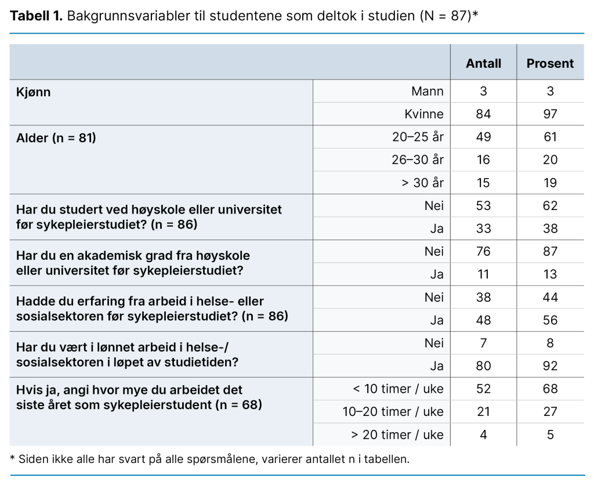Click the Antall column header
tap(483, 64)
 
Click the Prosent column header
tap(550, 64)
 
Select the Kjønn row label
tap(33, 92)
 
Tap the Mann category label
tap(427, 91)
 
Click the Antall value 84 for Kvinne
tap(483, 114)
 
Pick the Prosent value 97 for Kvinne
tap(550, 114)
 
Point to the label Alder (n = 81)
tap(56, 138)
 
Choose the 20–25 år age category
tap(418, 137)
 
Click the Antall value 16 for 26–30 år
tap(483, 160)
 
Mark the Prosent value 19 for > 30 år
tap(550, 183)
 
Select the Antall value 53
tap(483, 205)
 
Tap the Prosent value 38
tap(550, 229)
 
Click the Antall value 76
tap(483, 251)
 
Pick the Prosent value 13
tap(550, 274)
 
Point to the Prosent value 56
tap(550, 320)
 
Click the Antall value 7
tap(483, 343)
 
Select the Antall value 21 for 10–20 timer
tap(483, 412)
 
